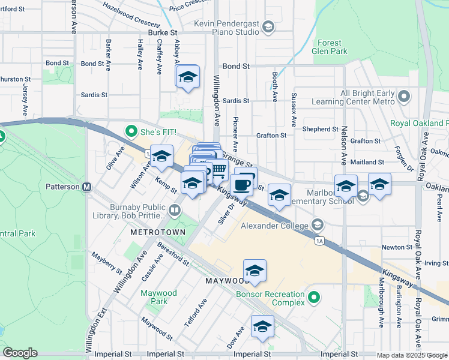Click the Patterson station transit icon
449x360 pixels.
[87, 187]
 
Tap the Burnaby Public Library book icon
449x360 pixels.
[174, 210]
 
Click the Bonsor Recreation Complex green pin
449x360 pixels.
[313, 297]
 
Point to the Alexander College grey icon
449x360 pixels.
[318, 226]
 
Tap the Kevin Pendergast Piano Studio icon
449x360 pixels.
[268, 27]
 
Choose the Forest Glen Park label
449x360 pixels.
[330, 47]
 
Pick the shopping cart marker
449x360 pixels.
[220, 171]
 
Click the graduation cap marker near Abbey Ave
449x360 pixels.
[188, 77]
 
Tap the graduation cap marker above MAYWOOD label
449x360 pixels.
[255, 271]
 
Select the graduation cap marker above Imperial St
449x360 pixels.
[262, 327]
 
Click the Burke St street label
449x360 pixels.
[163, 32]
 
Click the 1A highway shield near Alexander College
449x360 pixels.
[319, 241]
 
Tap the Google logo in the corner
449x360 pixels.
[20, 353]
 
